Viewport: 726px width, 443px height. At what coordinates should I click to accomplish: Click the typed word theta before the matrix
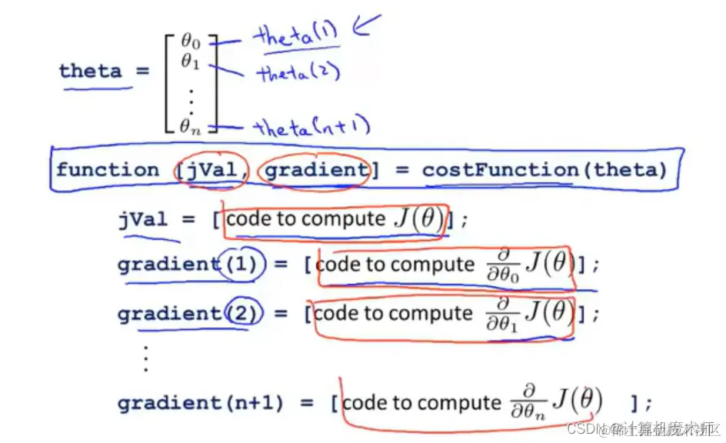[x=90, y=72]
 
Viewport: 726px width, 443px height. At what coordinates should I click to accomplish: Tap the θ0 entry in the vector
[x=190, y=39]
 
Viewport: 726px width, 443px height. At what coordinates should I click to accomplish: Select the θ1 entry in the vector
[x=190, y=61]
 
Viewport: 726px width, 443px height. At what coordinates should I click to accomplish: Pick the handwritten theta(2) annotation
[x=298, y=73]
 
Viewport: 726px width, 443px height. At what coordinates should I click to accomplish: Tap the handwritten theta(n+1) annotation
[x=312, y=127]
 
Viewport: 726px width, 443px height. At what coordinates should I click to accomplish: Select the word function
[x=108, y=169]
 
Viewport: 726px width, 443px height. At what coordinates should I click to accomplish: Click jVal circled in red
[x=211, y=169]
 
